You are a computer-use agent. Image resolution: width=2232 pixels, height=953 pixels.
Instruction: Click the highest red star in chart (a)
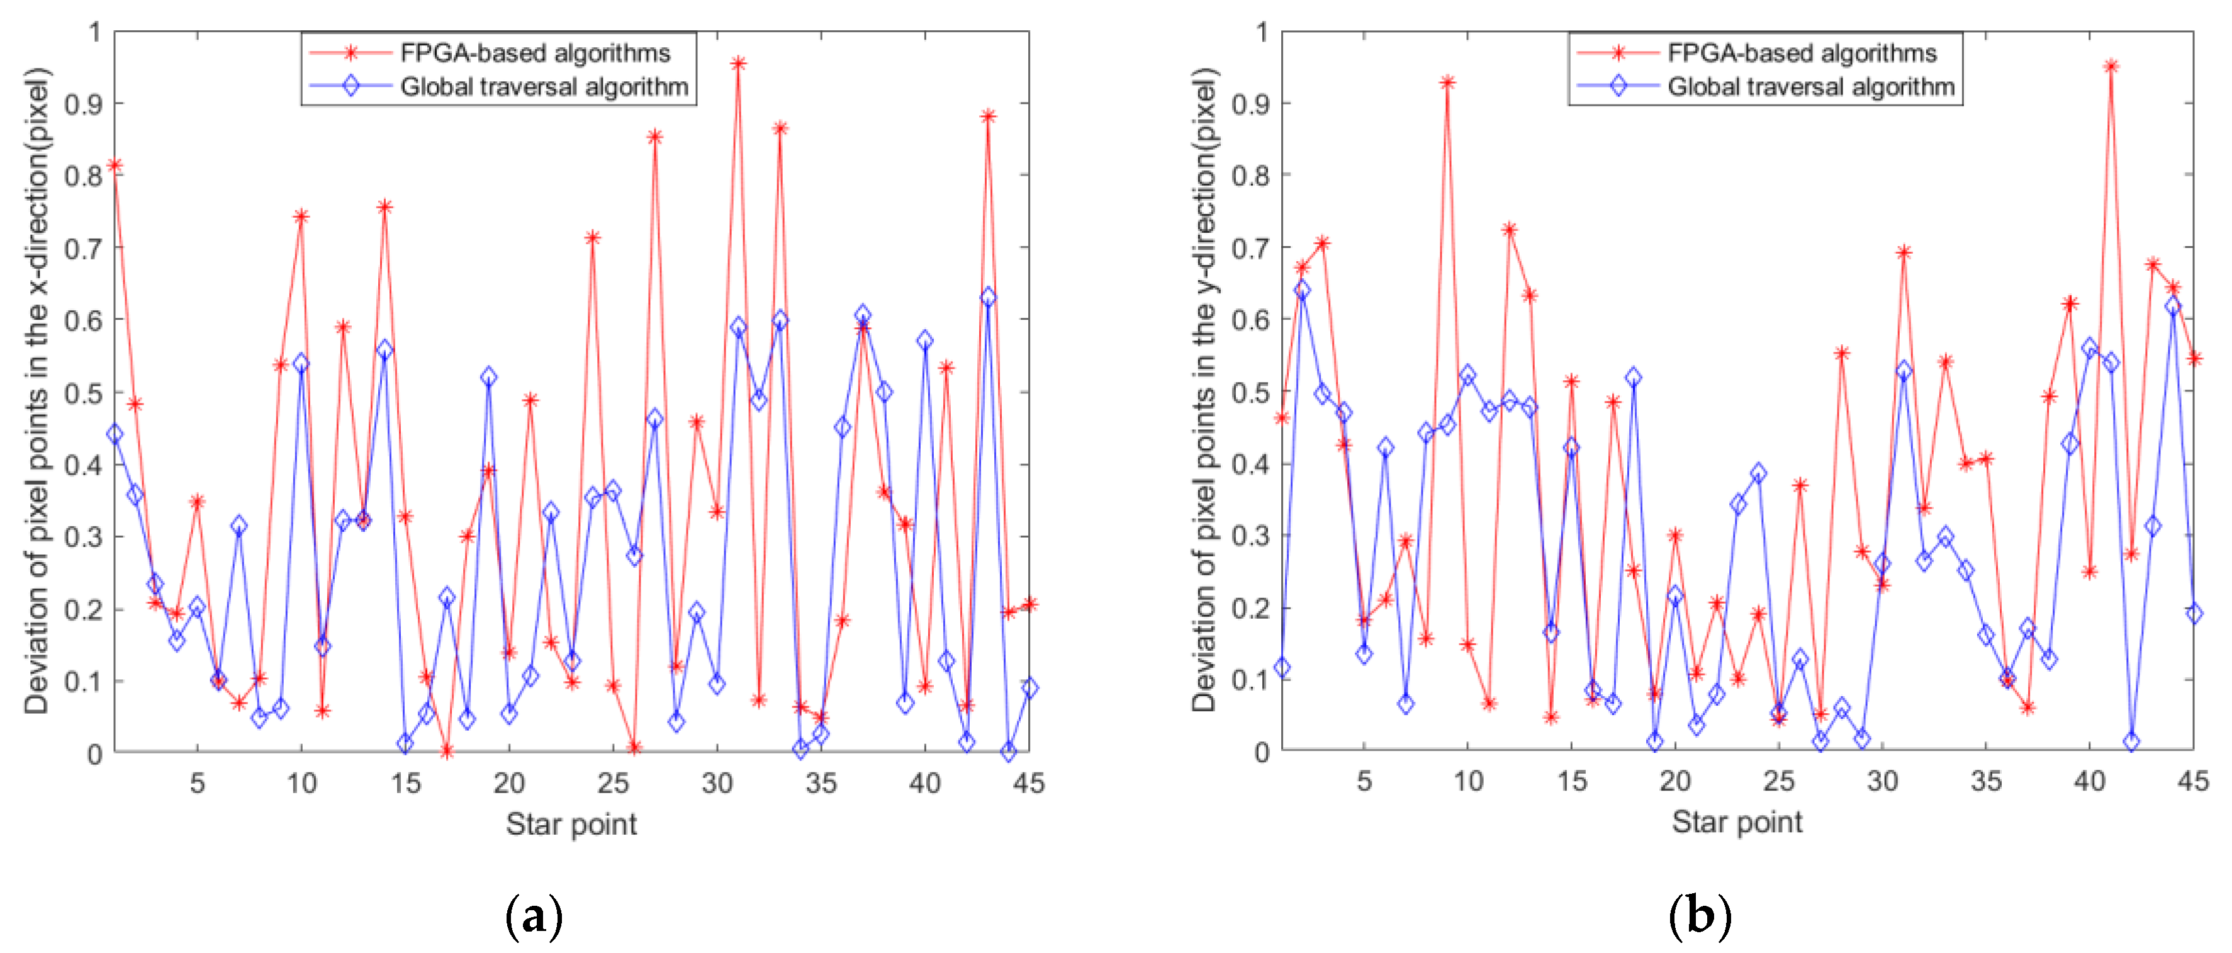coord(738,63)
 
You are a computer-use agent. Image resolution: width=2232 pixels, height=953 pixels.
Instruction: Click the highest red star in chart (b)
coord(2111,67)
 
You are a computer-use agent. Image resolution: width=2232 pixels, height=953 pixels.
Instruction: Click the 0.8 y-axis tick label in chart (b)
coord(1250,176)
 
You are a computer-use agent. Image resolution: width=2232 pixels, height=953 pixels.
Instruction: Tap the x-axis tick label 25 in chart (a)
coord(612,783)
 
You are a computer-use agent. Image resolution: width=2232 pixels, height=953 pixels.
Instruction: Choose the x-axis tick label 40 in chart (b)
coord(2089,781)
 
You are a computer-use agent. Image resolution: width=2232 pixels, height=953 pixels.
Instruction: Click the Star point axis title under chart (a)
coord(571,824)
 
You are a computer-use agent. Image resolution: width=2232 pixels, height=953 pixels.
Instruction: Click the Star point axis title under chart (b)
coord(1736,822)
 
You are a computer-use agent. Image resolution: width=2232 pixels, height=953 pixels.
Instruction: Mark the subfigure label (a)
coord(534,916)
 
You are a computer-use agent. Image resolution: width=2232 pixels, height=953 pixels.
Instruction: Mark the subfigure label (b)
coord(1699,916)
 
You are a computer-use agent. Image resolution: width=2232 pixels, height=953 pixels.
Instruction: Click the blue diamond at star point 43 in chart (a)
coord(988,297)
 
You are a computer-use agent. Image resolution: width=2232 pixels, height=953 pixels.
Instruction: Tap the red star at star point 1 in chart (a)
coord(115,166)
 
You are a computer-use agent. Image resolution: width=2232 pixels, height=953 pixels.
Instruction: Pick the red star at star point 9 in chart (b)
coord(1447,83)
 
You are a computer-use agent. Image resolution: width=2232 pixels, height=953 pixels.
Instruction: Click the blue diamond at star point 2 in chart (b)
coord(1303,290)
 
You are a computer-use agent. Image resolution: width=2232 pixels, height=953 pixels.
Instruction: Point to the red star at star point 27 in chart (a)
coord(655,137)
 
